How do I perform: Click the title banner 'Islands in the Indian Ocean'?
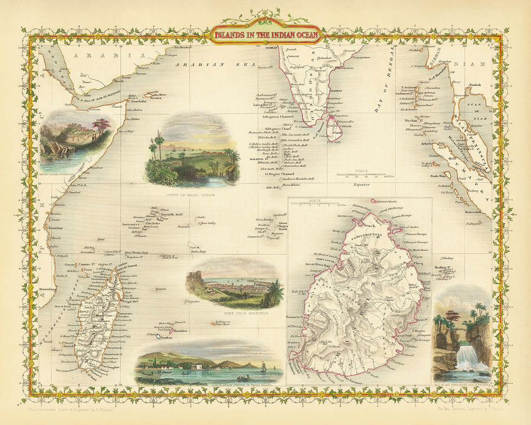tap(265, 35)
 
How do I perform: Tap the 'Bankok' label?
tap(474, 85)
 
